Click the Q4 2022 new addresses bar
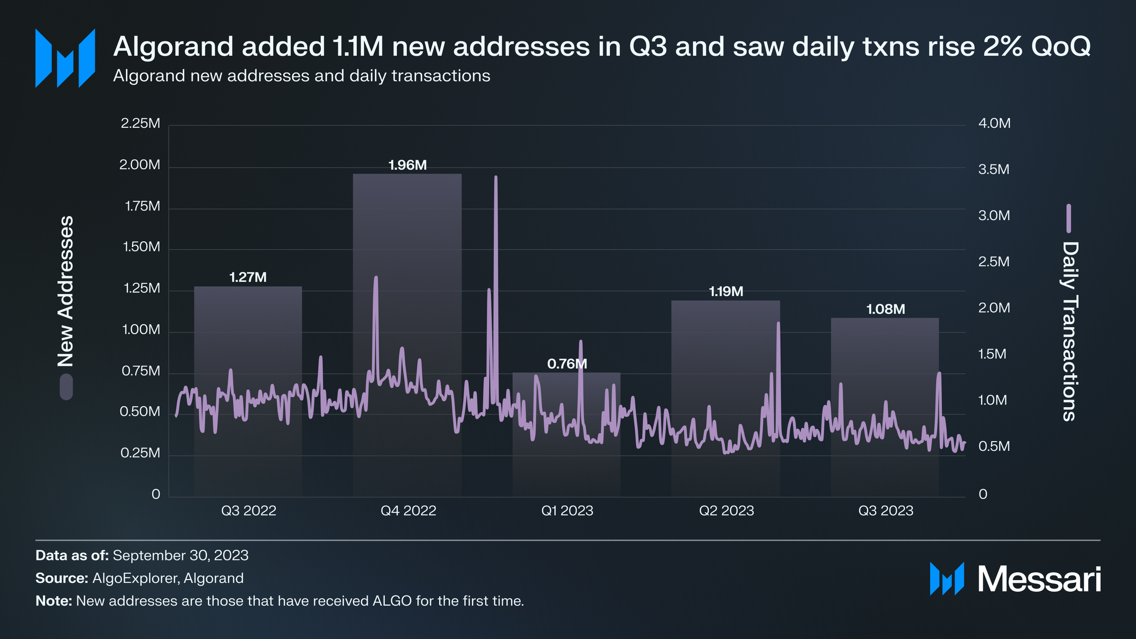point(407,334)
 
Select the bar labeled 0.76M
point(566,435)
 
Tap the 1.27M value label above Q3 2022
point(248,277)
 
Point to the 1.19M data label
point(726,292)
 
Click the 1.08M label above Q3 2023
point(885,309)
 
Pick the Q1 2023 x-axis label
point(567,511)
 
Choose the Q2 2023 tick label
point(726,511)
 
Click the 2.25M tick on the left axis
point(140,124)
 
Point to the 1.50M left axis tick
point(141,247)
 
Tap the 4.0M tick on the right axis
point(994,124)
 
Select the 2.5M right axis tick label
point(993,262)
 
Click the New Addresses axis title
point(66,291)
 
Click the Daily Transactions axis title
point(1070,331)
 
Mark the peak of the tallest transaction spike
point(496,177)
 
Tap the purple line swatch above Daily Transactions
point(1069,218)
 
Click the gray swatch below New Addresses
point(66,387)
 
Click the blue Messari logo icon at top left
point(65,58)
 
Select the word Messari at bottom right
point(1039,579)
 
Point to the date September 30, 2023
point(180,555)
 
